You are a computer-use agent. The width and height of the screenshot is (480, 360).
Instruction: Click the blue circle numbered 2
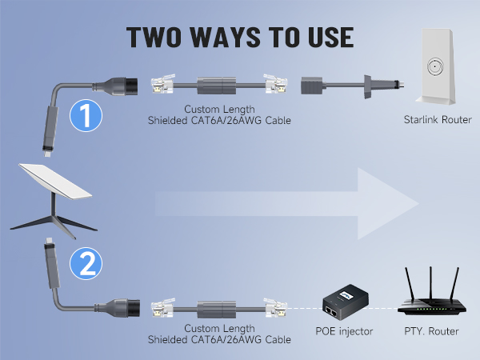click(x=86, y=262)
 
